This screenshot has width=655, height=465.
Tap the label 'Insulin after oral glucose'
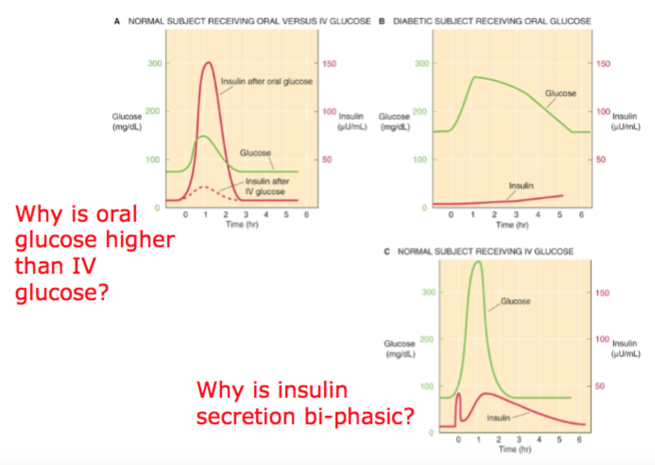pyautogui.click(x=266, y=81)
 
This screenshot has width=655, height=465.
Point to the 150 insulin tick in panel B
pyautogui.click(x=603, y=63)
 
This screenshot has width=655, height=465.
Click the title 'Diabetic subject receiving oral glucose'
pyautogui.click(x=491, y=21)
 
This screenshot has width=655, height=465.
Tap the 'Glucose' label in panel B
pyautogui.click(x=560, y=94)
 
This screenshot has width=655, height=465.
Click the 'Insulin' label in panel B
pyautogui.click(x=521, y=186)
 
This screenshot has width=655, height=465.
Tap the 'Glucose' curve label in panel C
pyautogui.click(x=515, y=301)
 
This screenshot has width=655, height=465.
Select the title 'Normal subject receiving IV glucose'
pyautogui.click(x=485, y=251)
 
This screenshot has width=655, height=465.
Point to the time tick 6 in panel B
pyautogui.click(x=581, y=216)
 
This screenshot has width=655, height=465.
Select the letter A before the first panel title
pyautogui.click(x=117, y=21)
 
